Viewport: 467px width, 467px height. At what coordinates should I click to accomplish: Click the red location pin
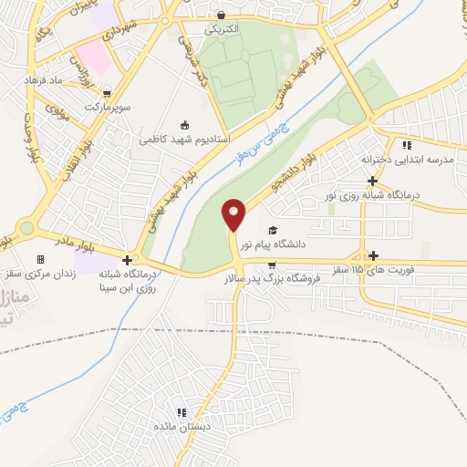point(234,214)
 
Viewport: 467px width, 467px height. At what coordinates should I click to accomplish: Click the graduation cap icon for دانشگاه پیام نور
point(274,230)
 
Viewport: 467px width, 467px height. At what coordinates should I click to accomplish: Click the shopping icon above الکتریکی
point(222,16)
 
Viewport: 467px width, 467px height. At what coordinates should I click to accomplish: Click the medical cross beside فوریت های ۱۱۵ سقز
point(372,255)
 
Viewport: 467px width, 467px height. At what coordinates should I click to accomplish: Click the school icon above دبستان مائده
point(182,412)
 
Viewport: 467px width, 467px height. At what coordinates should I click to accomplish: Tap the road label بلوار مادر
point(98,244)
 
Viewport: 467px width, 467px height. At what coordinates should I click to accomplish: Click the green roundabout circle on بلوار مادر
point(26,228)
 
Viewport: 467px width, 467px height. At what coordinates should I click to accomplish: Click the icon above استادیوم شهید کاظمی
point(185,126)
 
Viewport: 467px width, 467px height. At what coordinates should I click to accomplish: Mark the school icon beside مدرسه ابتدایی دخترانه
point(408,145)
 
